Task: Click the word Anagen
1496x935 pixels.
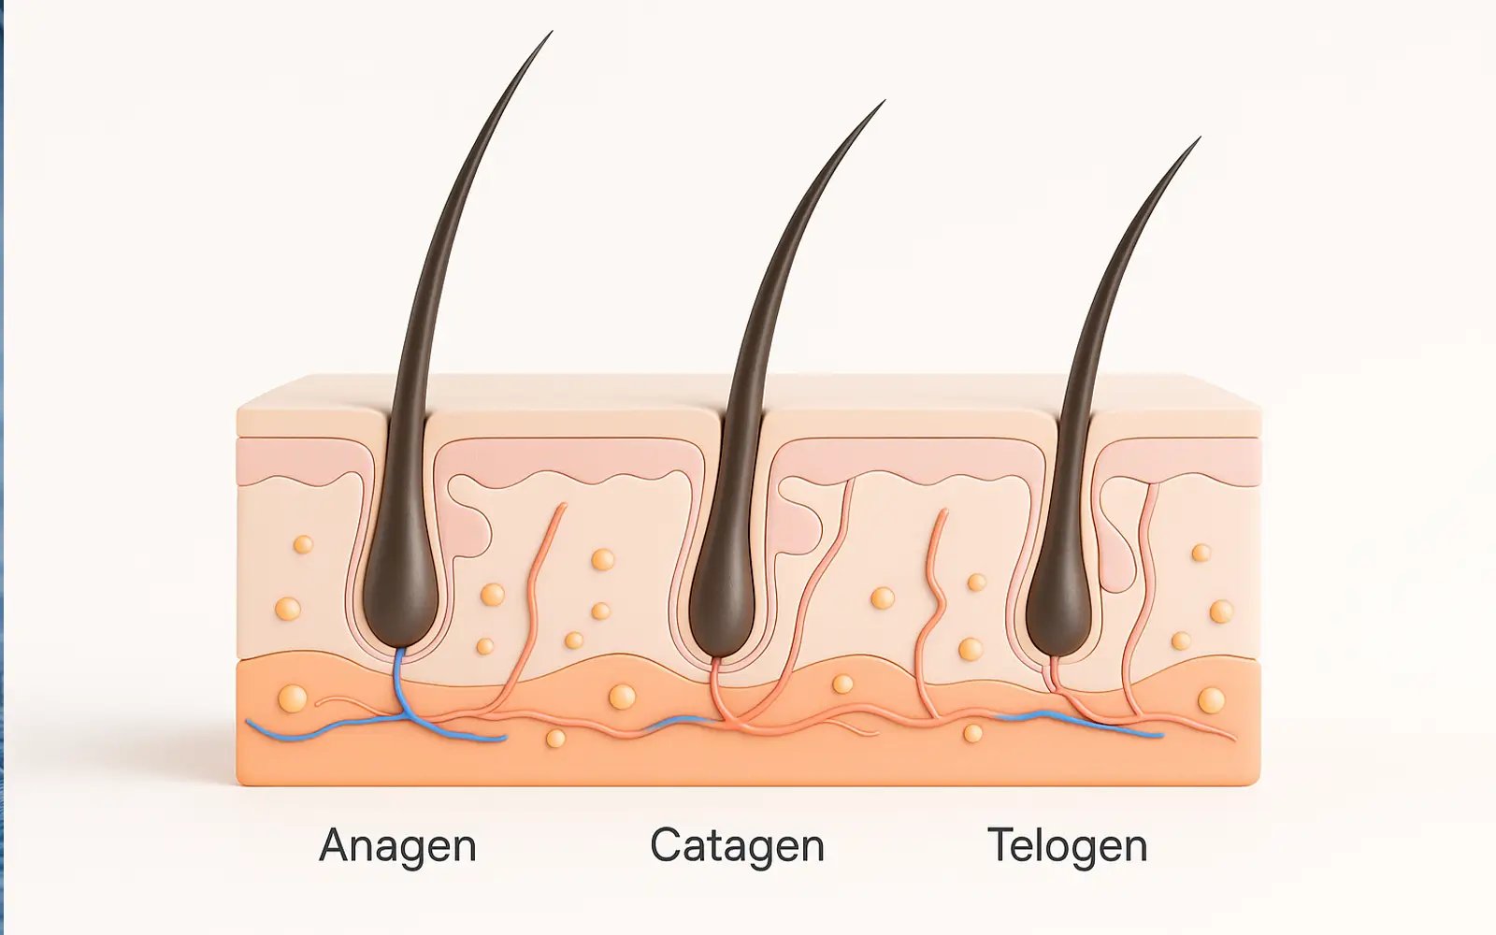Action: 397,845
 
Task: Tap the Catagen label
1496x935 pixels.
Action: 737,845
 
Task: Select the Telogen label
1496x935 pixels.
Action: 1067,845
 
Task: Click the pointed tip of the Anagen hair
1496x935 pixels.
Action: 550,34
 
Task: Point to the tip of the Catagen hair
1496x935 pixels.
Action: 882,103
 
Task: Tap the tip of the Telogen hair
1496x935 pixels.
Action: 1198,139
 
